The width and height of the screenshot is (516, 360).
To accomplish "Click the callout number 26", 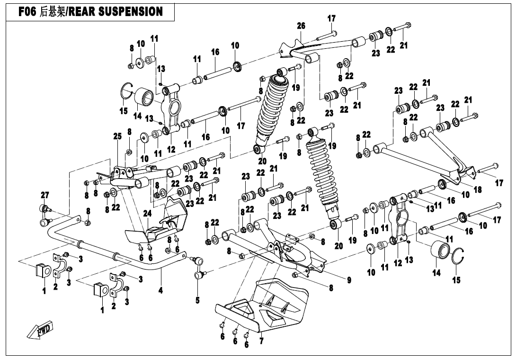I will coord(301,26).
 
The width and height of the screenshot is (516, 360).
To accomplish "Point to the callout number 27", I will coord(44,195).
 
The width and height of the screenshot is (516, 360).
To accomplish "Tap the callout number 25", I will coord(117,136).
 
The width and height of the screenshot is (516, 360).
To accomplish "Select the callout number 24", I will coord(148,214).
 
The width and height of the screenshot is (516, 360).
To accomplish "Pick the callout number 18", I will coord(478,189).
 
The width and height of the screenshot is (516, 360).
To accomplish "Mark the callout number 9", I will coord(349,280).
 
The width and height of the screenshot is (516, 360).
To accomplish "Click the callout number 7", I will coord(261,341).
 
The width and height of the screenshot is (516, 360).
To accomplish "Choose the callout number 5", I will coord(198,300).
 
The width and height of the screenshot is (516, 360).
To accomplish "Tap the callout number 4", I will coord(161,290).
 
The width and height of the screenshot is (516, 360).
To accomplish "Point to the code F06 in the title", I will coord(28,12).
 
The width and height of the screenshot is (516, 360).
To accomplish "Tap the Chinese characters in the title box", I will coord(53,12).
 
